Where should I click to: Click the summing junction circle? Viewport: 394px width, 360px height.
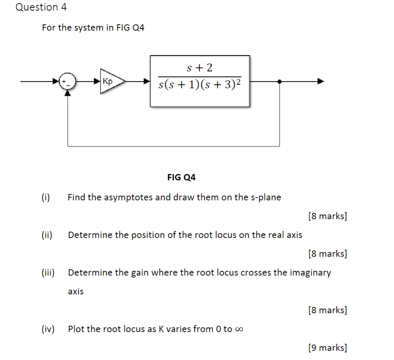click(x=68, y=81)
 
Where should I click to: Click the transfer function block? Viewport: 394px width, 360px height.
click(x=200, y=81)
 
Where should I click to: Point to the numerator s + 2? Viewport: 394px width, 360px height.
click(x=200, y=68)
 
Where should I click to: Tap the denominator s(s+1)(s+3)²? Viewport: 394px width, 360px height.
click(x=200, y=85)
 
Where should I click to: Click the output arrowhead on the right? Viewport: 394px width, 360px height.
click(x=321, y=81)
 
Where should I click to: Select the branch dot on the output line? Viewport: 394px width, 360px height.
click(x=279, y=81)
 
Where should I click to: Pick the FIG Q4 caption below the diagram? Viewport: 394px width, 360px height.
click(x=181, y=177)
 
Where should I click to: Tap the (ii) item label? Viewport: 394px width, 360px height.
click(x=47, y=235)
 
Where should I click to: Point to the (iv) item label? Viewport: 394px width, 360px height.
click(x=48, y=329)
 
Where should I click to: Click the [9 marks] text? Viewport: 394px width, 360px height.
click(x=327, y=347)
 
